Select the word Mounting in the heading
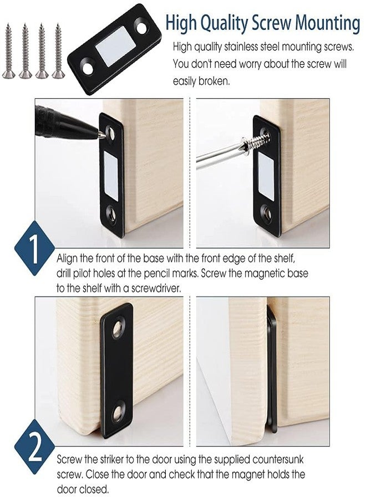(327, 23)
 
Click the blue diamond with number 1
(33, 250)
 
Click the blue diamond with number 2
(33, 449)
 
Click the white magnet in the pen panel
(111, 177)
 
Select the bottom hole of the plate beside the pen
(111, 212)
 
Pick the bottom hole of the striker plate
(118, 411)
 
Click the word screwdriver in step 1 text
(148, 287)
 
